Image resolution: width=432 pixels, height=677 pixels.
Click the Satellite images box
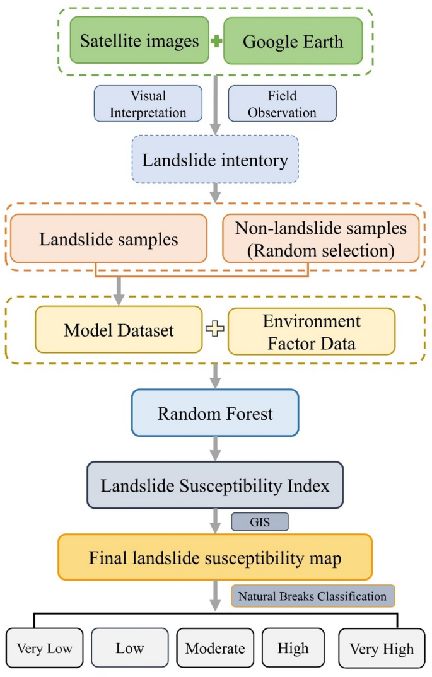point(139,41)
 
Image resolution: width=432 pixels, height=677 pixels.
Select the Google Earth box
point(293,41)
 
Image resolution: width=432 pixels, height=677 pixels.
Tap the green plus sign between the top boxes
point(216,42)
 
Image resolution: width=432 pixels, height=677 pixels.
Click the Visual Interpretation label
point(148,103)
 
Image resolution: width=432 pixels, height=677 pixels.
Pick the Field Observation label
point(282,103)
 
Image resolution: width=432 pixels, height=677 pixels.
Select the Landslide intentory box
point(215,160)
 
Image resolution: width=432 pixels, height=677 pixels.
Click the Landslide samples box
point(108,239)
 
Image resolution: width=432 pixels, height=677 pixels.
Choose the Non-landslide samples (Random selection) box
point(321,238)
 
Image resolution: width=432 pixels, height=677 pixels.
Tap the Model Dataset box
point(119,330)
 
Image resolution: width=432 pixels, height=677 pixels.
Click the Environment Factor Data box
point(311,331)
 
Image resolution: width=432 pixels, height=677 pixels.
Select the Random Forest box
point(215,413)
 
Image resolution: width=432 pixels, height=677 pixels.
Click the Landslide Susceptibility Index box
point(215,485)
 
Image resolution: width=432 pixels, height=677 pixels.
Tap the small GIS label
point(260,522)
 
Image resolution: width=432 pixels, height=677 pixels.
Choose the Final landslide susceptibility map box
point(215,557)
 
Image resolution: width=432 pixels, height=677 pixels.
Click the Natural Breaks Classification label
point(313,595)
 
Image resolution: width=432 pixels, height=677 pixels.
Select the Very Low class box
point(44,648)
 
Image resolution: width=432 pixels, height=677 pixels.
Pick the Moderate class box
point(214,648)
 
